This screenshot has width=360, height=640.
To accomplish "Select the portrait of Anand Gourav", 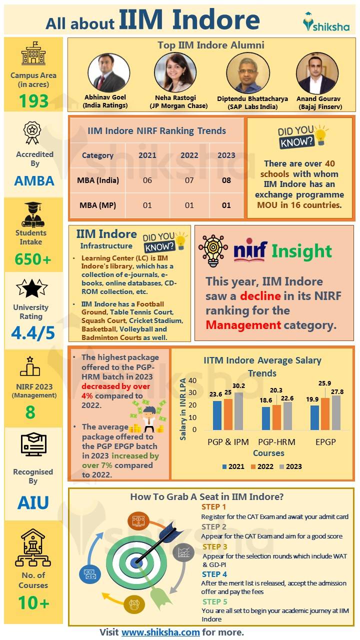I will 317,72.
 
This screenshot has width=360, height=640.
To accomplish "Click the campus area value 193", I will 33,101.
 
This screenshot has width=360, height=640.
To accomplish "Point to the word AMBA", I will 34,180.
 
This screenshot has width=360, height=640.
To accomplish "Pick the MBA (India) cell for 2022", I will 189,180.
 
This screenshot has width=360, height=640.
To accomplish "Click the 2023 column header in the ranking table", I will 226,155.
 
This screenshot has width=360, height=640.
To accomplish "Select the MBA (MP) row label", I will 98,205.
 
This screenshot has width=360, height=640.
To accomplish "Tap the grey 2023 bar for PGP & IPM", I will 238,411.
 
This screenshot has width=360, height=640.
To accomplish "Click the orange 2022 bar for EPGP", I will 325,414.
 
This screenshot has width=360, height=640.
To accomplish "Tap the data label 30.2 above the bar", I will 239,385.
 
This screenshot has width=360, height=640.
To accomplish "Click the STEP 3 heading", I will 214,546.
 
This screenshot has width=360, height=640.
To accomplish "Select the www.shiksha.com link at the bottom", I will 160,632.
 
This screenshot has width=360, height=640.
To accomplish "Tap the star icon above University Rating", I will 31,288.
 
